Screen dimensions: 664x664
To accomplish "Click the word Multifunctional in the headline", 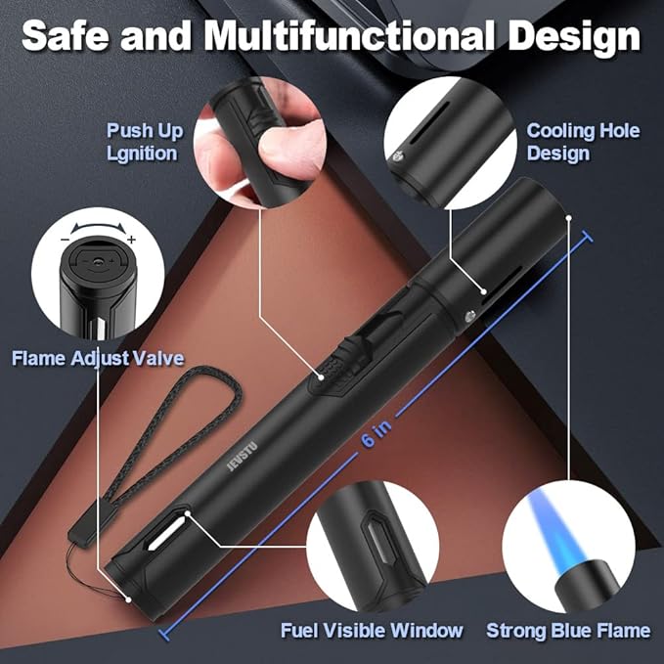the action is click(x=349, y=36).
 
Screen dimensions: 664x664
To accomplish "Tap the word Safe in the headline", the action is click(x=66, y=35).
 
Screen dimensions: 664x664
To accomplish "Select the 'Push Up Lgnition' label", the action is click(x=145, y=142).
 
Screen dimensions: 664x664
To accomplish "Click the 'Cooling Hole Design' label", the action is click(x=583, y=142).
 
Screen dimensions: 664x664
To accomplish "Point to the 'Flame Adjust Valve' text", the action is click(x=98, y=358).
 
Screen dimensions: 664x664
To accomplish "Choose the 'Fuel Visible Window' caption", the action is click(x=372, y=630).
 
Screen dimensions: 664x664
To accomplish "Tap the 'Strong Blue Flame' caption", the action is click(x=568, y=630).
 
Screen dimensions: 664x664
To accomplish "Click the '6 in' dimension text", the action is click(x=377, y=432).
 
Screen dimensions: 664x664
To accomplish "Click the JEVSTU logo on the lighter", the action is click(x=243, y=457).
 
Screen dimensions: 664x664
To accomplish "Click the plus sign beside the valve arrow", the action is click(x=132, y=240).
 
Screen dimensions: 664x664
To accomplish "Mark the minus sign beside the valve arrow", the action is click(x=65, y=240).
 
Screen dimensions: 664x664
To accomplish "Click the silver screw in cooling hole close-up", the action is click(x=398, y=156).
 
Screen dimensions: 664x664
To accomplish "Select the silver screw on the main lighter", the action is click(x=470, y=316).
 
